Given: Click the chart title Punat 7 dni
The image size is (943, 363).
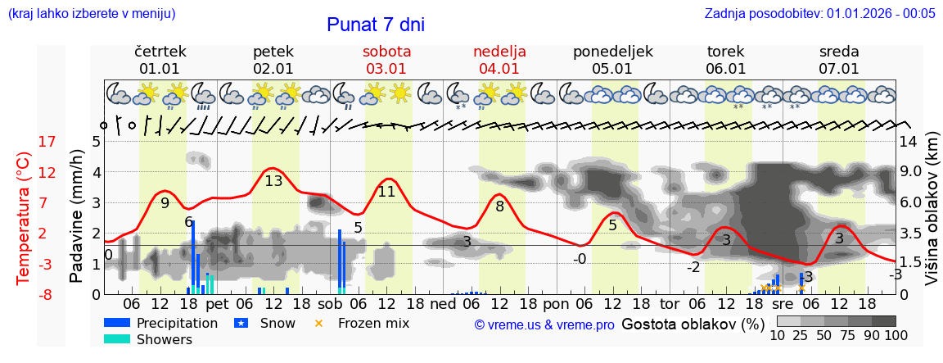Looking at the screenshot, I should click(x=376, y=25).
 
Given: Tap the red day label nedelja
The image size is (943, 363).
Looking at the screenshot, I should click(x=499, y=51).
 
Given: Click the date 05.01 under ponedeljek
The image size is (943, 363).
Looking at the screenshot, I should click(x=612, y=69).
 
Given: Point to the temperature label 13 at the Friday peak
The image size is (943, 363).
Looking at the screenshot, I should click(x=273, y=181).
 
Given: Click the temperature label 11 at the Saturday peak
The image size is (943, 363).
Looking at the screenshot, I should click(x=386, y=192).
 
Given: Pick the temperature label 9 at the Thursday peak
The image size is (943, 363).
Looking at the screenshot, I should click(x=165, y=203).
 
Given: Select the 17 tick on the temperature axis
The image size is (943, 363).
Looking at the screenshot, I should click(x=24, y=142).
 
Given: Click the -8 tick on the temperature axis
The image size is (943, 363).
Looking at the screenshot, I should click(x=24, y=294).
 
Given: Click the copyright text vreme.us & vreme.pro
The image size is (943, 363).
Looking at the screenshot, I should click(x=544, y=324).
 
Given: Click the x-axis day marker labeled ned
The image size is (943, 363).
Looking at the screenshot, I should click(x=443, y=302).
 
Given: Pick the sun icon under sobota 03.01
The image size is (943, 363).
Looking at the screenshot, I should click(x=399, y=93).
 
